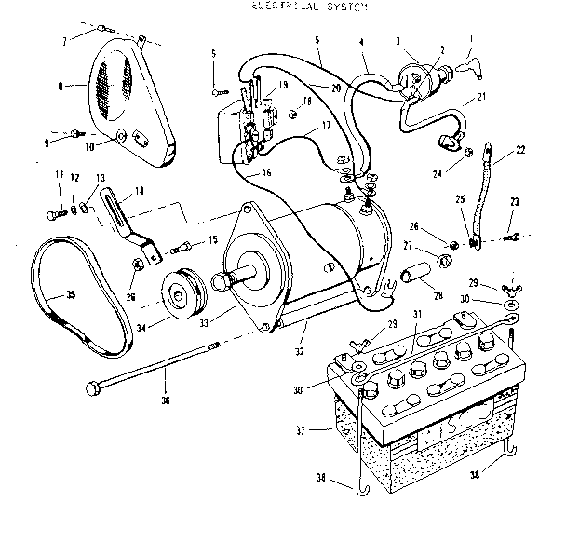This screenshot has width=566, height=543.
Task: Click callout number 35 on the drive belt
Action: coord(69,297)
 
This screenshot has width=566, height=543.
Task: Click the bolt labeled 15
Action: coord(184,247)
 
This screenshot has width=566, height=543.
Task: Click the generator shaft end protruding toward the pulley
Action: coord(221,280)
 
